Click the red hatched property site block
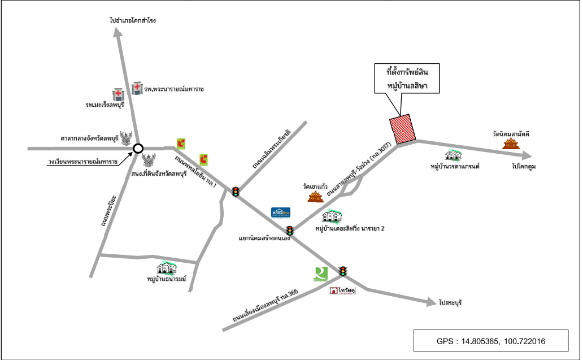pos(403,129)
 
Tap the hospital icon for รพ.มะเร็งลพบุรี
pos(118,94)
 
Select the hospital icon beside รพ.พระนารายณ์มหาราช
pos(137,88)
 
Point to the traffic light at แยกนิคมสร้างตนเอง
pos(290,231)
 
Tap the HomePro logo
pos(281,212)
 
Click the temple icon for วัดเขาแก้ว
pos(315,197)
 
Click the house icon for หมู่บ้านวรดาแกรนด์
pos(451,155)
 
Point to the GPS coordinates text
pos(491,341)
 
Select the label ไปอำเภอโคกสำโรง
pos(133,20)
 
